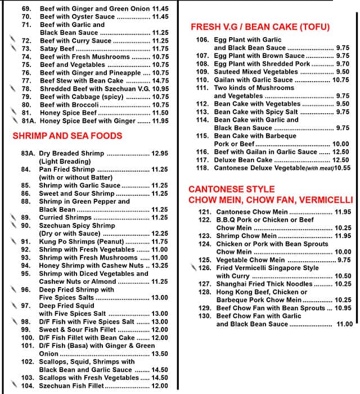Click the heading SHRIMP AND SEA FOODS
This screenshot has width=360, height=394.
click(x=67, y=136)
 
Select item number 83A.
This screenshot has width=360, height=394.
click(x=29, y=153)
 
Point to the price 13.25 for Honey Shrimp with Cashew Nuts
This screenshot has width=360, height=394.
click(x=160, y=265)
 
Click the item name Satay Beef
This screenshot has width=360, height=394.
click(x=57, y=49)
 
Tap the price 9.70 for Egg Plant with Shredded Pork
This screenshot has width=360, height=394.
click(x=343, y=64)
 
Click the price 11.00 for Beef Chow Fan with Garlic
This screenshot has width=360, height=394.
click(x=344, y=324)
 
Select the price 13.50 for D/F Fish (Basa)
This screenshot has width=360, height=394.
click(x=160, y=353)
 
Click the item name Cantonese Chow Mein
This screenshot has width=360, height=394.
click(x=251, y=212)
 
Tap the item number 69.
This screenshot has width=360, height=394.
click(x=26, y=9)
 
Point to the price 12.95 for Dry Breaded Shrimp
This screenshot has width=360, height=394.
click(x=160, y=153)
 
